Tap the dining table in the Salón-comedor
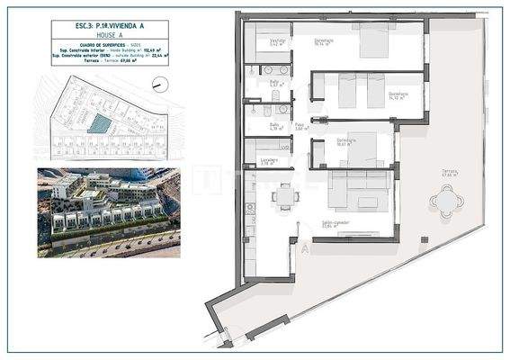click(x=286, y=195)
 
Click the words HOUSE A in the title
click(x=96, y=36)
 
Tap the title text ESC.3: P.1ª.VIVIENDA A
click(x=96, y=26)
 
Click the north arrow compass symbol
click(x=159, y=84)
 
